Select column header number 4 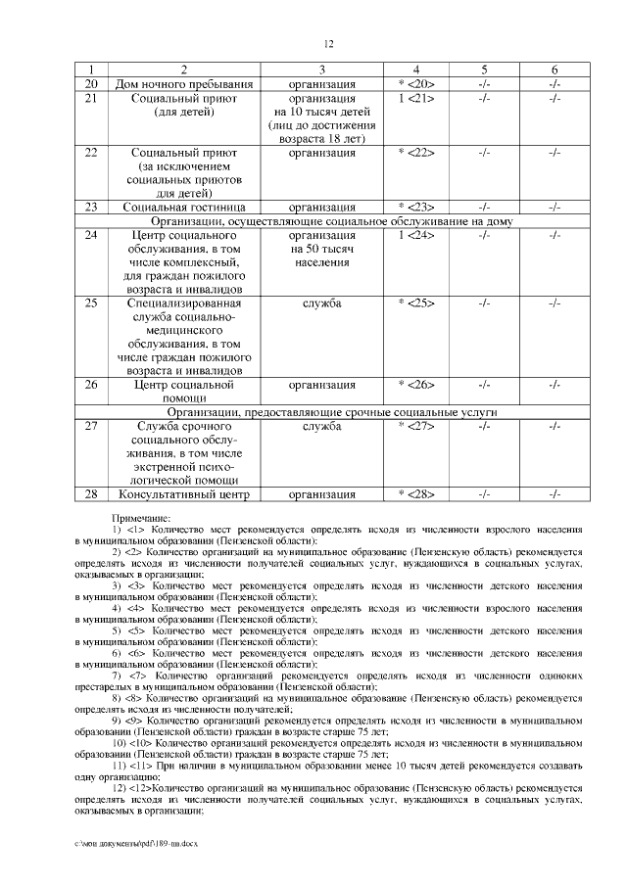pyautogui.click(x=415, y=70)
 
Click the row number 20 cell pyautogui.click(x=91, y=84)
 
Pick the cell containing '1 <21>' pyautogui.click(x=415, y=99)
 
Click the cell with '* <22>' pyautogui.click(x=415, y=154)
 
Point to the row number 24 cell pyautogui.click(x=91, y=236)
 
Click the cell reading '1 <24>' pyautogui.click(x=415, y=236)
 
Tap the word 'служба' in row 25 pyautogui.click(x=322, y=303)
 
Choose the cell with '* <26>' pyautogui.click(x=415, y=385)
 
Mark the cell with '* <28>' pyautogui.click(x=415, y=494)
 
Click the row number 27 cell pyautogui.click(x=91, y=427)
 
